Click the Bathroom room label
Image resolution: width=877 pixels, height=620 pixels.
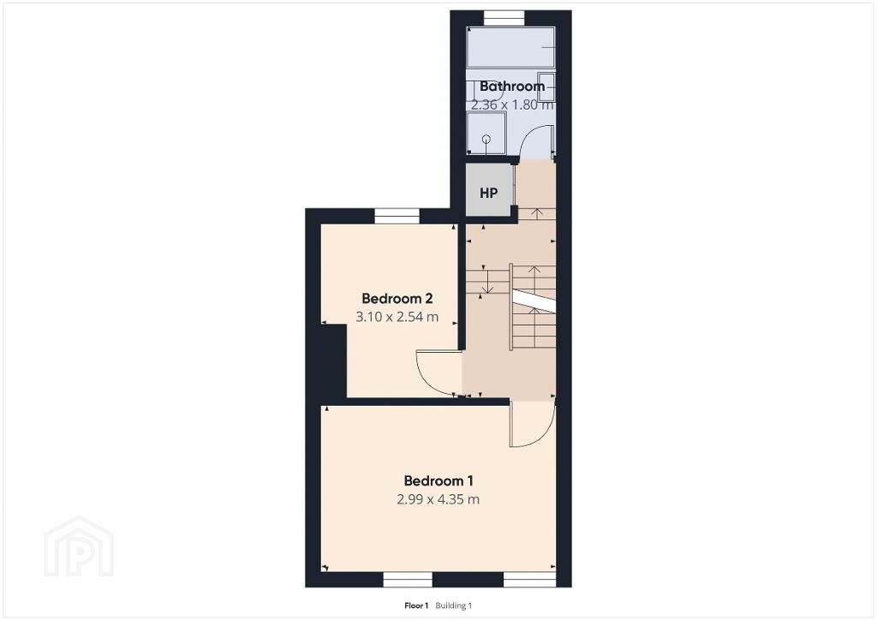click(512, 86)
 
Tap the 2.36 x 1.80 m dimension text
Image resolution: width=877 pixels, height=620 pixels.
click(512, 104)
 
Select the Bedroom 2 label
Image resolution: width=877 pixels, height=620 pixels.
click(397, 298)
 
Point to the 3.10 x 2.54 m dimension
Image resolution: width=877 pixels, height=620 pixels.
click(397, 317)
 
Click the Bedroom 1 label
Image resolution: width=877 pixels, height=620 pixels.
click(438, 480)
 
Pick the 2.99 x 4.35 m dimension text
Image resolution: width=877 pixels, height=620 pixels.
click(438, 499)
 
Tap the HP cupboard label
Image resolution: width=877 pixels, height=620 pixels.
click(488, 193)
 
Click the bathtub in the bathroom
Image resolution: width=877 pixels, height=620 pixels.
click(510, 47)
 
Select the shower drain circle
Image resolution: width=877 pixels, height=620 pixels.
click(486, 140)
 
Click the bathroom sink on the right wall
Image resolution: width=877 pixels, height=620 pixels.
click(546, 86)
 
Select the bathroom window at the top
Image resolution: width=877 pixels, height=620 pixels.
click(504, 19)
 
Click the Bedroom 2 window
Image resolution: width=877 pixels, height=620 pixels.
click(397, 216)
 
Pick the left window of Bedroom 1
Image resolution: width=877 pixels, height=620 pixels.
click(408, 579)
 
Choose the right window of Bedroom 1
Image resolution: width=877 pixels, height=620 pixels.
click(529, 579)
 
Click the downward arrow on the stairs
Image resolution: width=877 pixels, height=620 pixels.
click(488, 281)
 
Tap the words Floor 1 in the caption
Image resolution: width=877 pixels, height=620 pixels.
click(416, 605)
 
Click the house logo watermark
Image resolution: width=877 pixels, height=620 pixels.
click(79, 546)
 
